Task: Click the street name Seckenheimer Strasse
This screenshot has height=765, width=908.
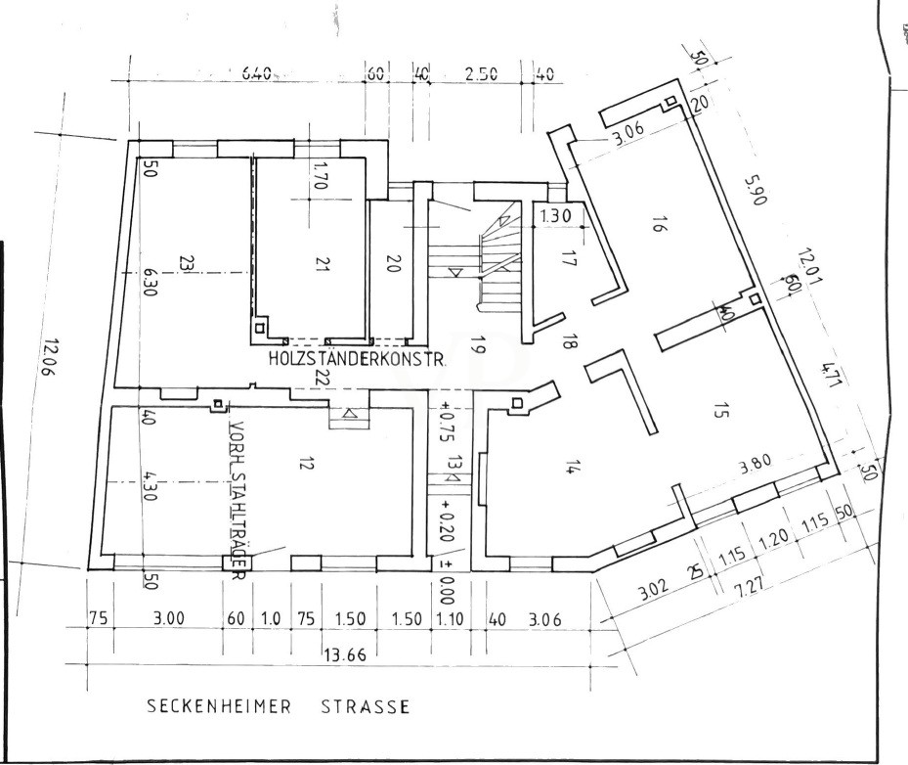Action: coord(278,705)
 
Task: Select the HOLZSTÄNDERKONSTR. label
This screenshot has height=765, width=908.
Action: coord(358,360)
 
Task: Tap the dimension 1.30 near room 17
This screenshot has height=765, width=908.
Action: coord(557,216)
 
